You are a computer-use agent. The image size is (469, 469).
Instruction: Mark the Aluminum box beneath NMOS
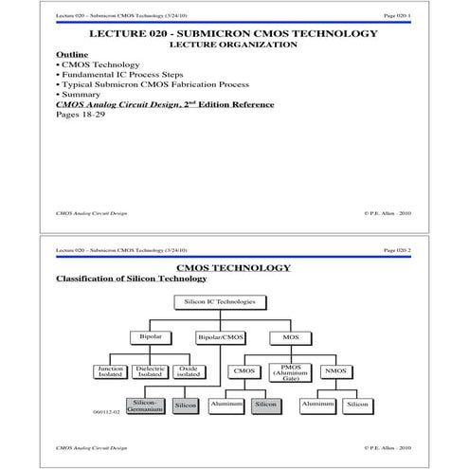[x=316, y=404]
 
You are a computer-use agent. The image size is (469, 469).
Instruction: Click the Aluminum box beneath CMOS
[x=227, y=404]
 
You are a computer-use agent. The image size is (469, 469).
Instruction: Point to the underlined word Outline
[x=73, y=54]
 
